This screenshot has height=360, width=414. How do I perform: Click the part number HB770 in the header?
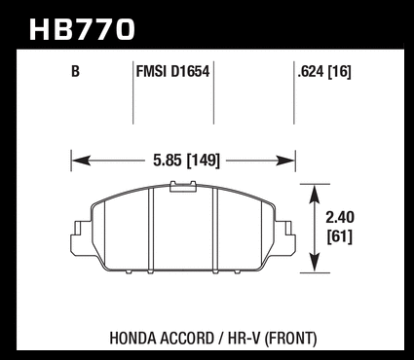click(x=82, y=29)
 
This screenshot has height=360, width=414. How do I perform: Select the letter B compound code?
click(x=75, y=71)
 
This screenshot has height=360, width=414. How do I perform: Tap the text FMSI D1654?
click(x=172, y=71)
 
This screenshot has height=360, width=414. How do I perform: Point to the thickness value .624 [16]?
click(x=324, y=71)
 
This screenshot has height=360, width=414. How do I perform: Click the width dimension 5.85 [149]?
click(x=186, y=161)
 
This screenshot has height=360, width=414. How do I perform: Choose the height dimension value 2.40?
click(x=340, y=217)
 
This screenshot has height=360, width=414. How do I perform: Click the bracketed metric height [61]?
click(x=340, y=236)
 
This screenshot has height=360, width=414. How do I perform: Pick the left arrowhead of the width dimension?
click(x=81, y=161)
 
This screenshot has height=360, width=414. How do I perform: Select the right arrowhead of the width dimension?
click(x=285, y=161)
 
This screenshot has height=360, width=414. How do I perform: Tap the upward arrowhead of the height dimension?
click(x=315, y=195)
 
